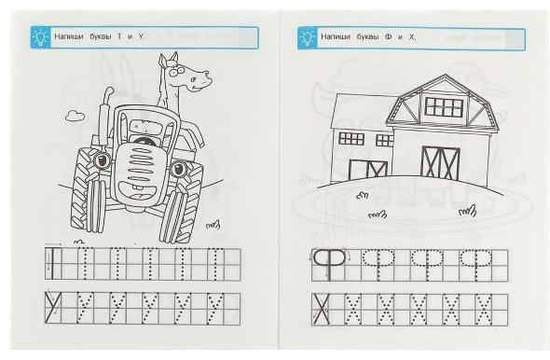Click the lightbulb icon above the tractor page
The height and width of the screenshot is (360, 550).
(41, 37)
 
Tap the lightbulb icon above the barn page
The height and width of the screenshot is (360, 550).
(308, 38)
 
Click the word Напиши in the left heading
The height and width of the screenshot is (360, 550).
(69, 36)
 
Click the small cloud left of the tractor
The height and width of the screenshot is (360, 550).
(75, 116)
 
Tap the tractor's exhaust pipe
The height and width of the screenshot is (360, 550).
(104, 116)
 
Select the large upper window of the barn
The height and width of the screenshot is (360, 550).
(444, 107)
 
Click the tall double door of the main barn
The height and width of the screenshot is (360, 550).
(441, 163)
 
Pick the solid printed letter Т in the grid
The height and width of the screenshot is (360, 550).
(52, 264)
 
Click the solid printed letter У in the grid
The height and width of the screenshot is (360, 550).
(53, 308)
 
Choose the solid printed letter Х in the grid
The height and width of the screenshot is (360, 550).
(322, 310)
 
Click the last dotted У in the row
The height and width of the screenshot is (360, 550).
(214, 309)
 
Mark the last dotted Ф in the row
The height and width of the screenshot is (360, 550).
(476, 265)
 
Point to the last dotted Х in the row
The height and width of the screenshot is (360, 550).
(484, 310)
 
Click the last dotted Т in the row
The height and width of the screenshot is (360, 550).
(215, 264)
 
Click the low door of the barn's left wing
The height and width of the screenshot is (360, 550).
(368, 169)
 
